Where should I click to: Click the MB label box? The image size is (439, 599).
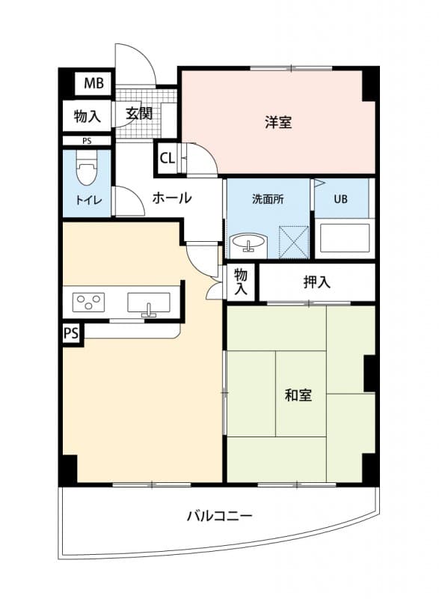click(x=93, y=83)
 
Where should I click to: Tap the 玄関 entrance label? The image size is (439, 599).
click(x=138, y=114)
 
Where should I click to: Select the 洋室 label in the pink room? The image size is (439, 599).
click(x=277, y=122)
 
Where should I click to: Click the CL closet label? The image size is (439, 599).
click(x=167, y=158)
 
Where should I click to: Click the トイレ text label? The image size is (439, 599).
click(x=88, y=200)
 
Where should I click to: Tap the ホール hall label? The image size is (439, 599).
click(x=172, y=198)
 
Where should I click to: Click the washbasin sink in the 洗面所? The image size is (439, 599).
click(x=248, y=243)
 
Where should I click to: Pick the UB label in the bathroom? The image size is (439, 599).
click(x=340, y=199)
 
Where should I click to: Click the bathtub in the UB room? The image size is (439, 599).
click(x=343, y=237)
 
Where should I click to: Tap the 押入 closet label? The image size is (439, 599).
click(x=316, y=282)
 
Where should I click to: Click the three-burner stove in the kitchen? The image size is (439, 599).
click(x=88, y=302)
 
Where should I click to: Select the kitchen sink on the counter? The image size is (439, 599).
click(x=149, y=302)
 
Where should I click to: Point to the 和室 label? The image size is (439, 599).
click(x=298, y=395)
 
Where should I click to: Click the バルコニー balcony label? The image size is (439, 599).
click(x=219, y=516)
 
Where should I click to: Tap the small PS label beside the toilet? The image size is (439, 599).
click(x=87, y=140)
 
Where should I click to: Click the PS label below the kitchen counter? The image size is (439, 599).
click(x=72, y=332)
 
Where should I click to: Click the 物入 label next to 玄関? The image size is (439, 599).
click(x=87, y=116)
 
